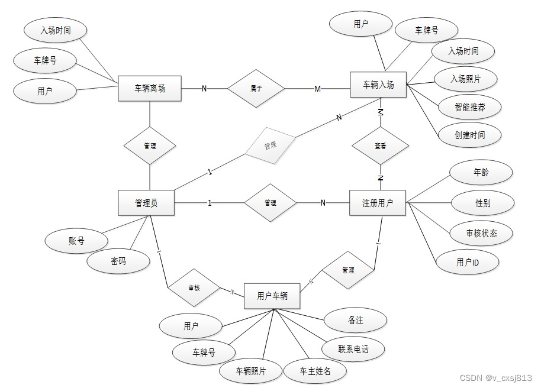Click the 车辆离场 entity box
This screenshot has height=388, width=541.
coord(150,89)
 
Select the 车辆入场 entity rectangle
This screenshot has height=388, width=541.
coord(378,85)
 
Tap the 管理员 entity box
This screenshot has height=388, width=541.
coord(146,203)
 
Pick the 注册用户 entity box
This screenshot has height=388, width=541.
coord(378,203)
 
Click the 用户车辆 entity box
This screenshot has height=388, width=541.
coord(272,296)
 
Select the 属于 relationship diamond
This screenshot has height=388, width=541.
coord(256,89)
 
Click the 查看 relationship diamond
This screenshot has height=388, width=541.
coord(381,145)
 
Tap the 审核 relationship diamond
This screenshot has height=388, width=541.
coord(194,288)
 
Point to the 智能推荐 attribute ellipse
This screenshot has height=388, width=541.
coord(470,107)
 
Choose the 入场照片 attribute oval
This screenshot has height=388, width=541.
coord(465,79)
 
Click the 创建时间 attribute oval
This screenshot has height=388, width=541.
coord(470,135)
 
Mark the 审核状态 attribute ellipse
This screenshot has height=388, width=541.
coord(481,233)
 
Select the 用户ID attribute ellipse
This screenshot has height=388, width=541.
coord(468,262)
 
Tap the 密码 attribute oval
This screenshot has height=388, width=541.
coord(118,261)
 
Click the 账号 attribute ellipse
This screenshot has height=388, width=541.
coord(76,241)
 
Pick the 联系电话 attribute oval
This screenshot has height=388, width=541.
coord(353,349)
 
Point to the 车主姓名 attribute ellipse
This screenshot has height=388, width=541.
coord(315,371)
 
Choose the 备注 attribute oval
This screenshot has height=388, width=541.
coord(356,320)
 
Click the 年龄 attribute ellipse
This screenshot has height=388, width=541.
coord(481,173)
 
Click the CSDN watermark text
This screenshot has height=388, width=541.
coord(496,377)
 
